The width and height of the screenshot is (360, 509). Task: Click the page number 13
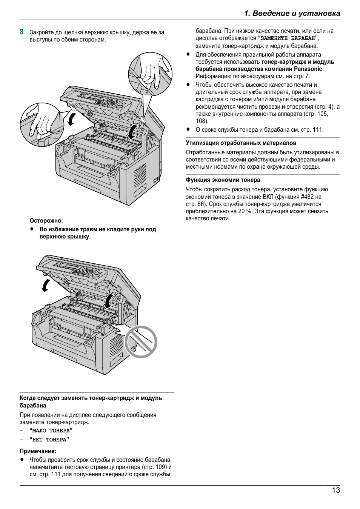coord(336,490)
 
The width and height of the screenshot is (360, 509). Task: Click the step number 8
coord(22,32)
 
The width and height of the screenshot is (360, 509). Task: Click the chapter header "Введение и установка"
coord(292,13)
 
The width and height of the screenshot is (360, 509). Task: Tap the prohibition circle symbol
coord(140,342)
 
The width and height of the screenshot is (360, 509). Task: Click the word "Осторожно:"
coord(46,221)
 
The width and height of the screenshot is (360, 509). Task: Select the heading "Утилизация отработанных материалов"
coord(241,143)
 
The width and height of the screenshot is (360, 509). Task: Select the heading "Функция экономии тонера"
coord(223,180)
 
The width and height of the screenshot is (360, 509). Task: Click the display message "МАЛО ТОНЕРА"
coord(51,431)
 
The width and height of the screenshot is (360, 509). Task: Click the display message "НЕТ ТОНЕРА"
coord(49,440)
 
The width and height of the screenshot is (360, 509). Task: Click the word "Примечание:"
coord(38,451)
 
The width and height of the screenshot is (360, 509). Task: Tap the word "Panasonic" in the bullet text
coord(308,69)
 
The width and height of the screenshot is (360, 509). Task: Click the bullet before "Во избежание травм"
coord(32,229)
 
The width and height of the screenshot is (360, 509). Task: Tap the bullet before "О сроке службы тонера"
coord(188,129)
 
